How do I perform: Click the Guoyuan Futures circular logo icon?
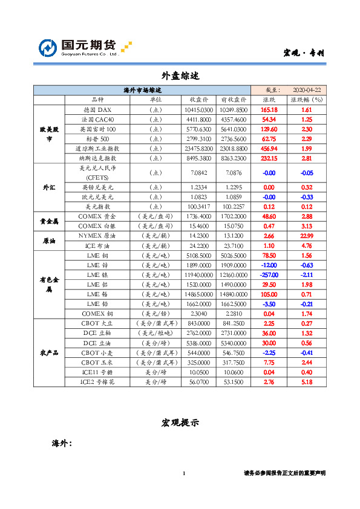(48, 47)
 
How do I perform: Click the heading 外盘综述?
(180, 76)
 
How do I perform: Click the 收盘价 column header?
(198, 99)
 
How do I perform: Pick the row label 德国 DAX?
(97, 110)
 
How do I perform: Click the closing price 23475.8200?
(198, 148)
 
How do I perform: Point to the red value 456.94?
(269, 148)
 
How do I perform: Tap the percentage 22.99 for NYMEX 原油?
(306, 236)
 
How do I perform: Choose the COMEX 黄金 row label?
(97, 216)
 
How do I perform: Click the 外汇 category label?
(48, 188)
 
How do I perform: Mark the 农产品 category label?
(48, 352)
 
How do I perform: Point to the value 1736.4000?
(198, 216)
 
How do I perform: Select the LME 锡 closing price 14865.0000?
(198, 294)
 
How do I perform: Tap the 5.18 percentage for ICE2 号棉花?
(306, 382)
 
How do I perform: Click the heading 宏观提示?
(180, 422)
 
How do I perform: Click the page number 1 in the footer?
(183, 473)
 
